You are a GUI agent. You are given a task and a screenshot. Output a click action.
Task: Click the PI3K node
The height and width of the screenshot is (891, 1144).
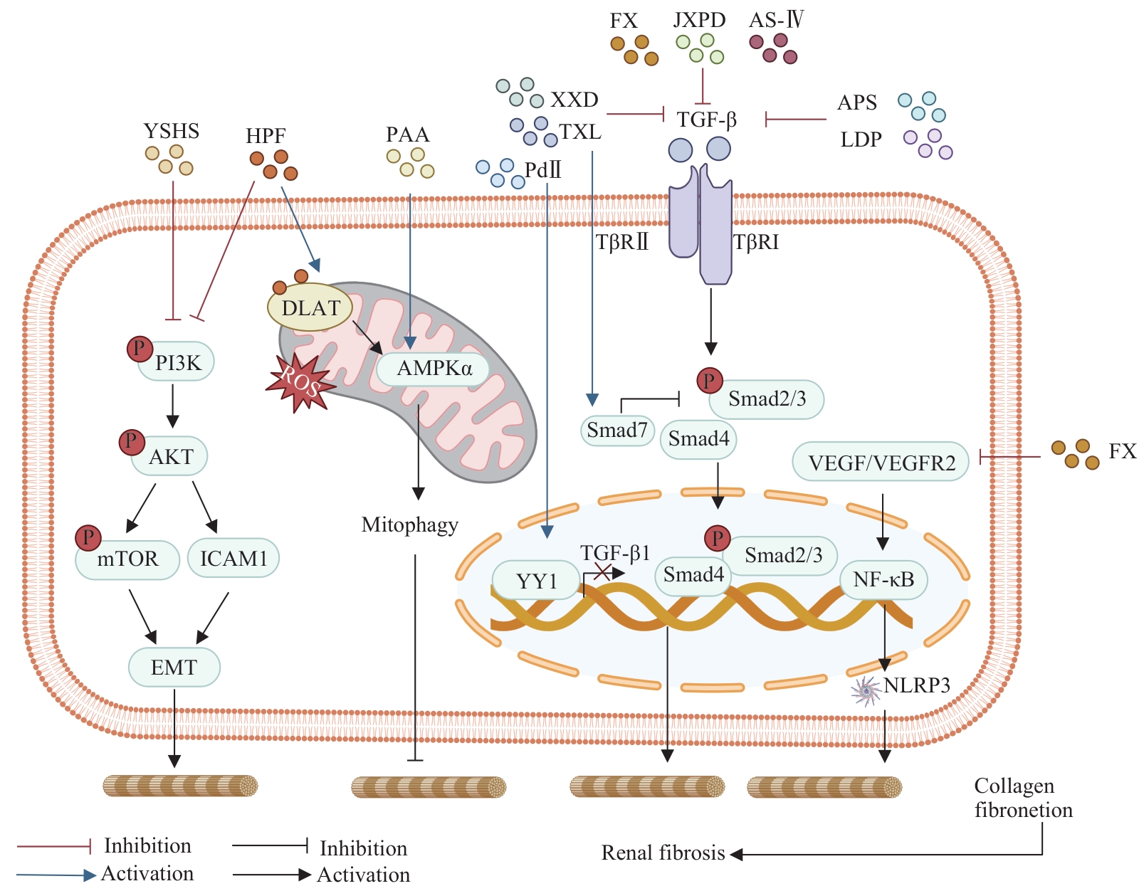[177, 363]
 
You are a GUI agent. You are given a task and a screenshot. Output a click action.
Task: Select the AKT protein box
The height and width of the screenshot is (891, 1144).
[170, 457]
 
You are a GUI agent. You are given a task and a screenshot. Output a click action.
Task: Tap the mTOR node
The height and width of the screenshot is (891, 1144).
[128, 559]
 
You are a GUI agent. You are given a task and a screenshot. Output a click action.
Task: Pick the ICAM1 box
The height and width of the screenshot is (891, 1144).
[233, 559]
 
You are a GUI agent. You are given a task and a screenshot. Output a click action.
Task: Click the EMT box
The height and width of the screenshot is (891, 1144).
[174, 668]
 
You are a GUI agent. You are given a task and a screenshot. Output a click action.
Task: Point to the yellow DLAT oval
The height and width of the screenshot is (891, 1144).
[310, 308]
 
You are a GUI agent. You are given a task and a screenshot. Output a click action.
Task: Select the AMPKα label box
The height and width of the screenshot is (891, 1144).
[434, 369]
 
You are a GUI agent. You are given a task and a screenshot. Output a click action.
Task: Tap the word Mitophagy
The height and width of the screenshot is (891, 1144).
[409, 525]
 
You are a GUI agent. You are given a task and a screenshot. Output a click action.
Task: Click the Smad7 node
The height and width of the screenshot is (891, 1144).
[617, 431]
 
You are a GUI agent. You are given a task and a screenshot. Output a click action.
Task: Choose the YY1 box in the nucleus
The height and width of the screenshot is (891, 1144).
[536, 581]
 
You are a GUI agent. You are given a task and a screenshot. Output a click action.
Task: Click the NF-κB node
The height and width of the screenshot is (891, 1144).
[883, 580]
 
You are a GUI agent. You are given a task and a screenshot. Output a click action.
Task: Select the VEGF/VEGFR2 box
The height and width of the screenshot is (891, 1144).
[881, 463]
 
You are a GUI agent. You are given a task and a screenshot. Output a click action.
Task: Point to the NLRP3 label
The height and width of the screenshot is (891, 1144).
[917, 685]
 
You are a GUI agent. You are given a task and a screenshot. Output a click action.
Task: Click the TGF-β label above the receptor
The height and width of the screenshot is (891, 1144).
[706, 120]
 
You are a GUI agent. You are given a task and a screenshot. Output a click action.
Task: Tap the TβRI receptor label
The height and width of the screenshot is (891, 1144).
[756, 243]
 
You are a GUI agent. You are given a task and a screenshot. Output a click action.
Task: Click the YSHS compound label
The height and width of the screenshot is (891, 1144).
[171, 131]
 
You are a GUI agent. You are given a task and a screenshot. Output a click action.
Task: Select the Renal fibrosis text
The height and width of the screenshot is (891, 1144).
[663, 853]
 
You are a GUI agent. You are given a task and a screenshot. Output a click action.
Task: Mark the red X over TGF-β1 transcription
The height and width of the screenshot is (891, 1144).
[602, 571]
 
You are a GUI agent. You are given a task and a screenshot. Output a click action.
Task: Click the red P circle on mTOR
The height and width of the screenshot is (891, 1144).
[88, 537]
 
